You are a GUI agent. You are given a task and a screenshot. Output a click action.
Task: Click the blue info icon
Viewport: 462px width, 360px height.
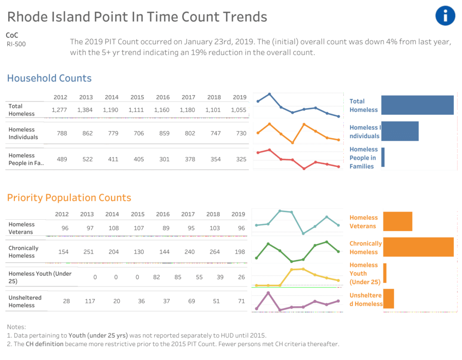445,16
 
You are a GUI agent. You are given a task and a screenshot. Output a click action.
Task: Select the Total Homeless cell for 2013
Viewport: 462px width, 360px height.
85,110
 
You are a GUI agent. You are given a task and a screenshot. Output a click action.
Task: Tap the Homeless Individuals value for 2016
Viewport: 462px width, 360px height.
164,133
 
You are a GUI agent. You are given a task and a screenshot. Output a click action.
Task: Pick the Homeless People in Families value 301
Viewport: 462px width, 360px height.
164,159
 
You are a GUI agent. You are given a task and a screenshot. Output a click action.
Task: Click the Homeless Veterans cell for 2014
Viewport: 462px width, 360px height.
113,228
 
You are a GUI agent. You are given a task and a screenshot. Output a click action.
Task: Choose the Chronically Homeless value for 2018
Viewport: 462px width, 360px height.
214,252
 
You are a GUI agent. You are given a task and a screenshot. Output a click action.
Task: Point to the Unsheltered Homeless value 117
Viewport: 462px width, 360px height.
90,301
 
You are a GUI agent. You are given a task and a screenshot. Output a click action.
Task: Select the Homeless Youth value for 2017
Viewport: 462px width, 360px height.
199,277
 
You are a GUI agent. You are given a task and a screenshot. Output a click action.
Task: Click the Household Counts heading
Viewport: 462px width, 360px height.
49,78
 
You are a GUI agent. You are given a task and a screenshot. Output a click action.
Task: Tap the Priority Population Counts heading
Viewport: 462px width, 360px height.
69,198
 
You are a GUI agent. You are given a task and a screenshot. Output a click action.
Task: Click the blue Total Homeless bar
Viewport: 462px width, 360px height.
417,105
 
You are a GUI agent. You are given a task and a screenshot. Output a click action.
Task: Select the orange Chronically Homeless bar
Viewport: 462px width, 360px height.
418,247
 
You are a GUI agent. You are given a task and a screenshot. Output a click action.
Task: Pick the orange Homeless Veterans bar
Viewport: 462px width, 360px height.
398,221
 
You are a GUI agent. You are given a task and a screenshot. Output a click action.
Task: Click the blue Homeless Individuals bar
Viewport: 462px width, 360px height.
400,131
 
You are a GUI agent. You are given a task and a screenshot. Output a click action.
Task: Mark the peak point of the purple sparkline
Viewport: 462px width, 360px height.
268,293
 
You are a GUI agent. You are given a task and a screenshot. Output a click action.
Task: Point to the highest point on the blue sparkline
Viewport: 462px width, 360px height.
269,94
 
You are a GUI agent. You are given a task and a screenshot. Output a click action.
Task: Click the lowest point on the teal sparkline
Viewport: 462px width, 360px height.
303,233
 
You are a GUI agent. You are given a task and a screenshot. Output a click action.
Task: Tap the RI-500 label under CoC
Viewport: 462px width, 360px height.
16,44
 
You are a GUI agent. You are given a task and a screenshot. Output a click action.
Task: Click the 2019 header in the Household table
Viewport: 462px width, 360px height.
240,97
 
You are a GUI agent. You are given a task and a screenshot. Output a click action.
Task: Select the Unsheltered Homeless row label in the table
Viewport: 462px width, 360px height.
25,301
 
